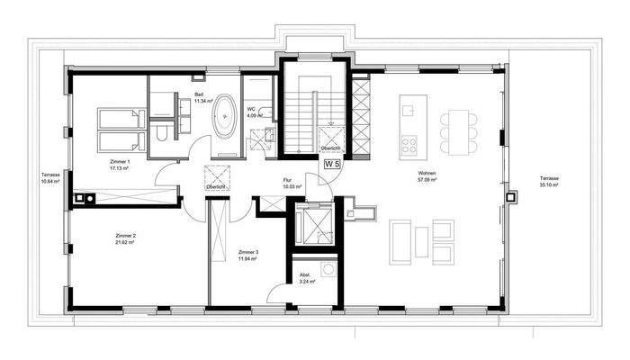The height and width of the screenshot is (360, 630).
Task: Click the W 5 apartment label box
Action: click(332, 164)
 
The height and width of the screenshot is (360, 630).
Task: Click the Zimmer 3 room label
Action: click(248, 255)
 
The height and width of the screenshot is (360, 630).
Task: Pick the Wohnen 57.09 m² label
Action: click(427, 177)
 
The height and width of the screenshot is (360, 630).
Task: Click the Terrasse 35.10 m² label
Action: click(550, 181)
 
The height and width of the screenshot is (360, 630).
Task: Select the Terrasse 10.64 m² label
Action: click(49, 176)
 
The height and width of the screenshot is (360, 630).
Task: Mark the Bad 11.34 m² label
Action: click(202, 97)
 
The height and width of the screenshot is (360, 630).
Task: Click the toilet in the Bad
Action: click(159, 134)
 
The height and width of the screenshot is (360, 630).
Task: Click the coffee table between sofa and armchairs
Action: click(423, 242)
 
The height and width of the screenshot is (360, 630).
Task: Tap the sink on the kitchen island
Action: click(408, 110)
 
